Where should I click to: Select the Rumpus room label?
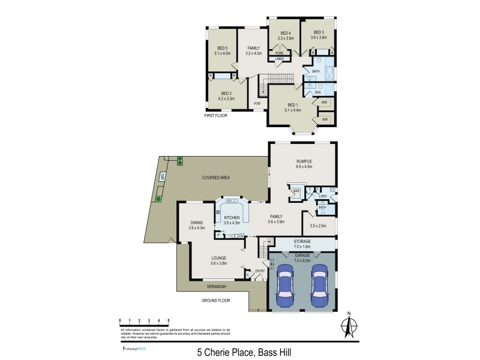(302, 162)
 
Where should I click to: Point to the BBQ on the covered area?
(162, 176)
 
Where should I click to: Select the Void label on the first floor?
(256, 103)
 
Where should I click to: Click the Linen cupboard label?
(280, 59)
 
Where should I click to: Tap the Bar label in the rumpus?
(296, 191)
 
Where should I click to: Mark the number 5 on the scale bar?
(169, 321)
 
